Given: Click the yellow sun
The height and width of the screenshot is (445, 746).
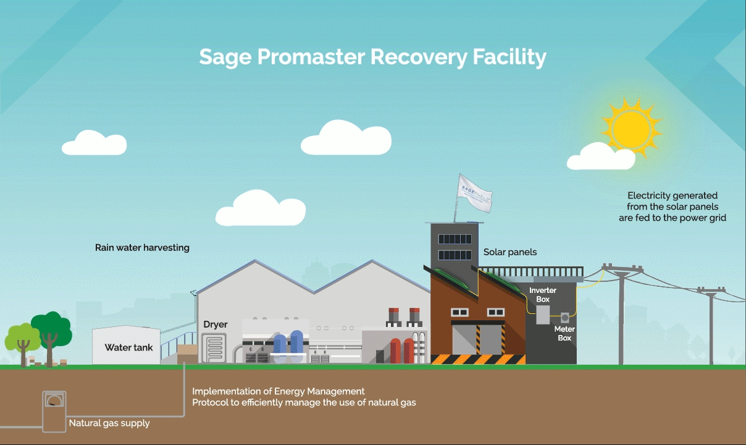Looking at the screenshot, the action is click(x=631, y=128).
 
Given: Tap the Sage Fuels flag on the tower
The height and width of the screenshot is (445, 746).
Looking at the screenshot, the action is click(x=474, y=193).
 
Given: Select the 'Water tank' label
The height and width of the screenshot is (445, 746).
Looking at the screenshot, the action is click(x=128, y=347).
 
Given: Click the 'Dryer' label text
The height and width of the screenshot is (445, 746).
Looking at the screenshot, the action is click(x=216, y=324).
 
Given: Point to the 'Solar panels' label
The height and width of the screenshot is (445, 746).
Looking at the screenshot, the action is click(x=510, y=252).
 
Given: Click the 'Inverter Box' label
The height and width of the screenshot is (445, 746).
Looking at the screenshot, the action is click(x=543, y=295).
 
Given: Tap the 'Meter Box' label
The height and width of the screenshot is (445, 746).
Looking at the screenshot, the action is click(x=564, y=333).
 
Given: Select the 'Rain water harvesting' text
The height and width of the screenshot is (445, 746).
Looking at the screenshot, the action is click(x=142, y=248).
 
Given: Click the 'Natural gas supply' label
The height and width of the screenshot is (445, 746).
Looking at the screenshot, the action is click(x=109, y=423).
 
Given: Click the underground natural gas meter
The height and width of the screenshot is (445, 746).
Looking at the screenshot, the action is click(x=54, y=412).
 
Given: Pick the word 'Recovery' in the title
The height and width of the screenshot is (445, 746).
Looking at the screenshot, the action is click(x=419, y=57).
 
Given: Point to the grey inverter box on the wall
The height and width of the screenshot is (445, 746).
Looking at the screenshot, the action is click(x=543, y=315).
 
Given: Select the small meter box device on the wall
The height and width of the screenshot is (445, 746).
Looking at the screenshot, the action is click(x=565, y=318).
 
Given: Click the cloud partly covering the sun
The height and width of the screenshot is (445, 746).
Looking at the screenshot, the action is click(x=601, y=156).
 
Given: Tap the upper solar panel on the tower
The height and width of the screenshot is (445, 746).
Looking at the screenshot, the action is click(x=455, y=239).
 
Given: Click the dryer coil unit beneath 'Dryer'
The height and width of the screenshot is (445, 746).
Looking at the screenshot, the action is click(x=214, y=348).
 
